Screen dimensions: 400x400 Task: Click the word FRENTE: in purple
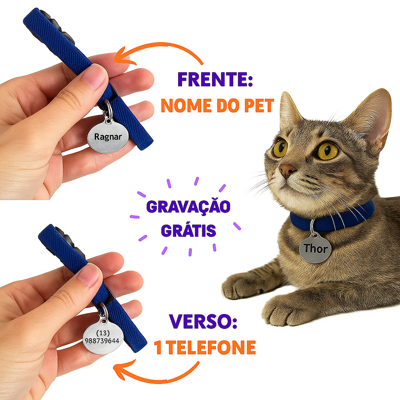point(215,79)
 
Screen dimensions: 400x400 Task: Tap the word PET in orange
point(259,105)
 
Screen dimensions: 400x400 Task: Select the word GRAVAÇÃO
point(188,206)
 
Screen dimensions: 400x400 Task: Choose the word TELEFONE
point(212,347)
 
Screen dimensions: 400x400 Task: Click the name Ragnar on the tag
point(108,137)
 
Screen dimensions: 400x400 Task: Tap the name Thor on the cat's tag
point(315,248)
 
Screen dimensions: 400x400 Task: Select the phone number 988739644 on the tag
point(102,341)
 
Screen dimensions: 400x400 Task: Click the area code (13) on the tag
point(103,333)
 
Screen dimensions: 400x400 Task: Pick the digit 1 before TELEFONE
point(159,347)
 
